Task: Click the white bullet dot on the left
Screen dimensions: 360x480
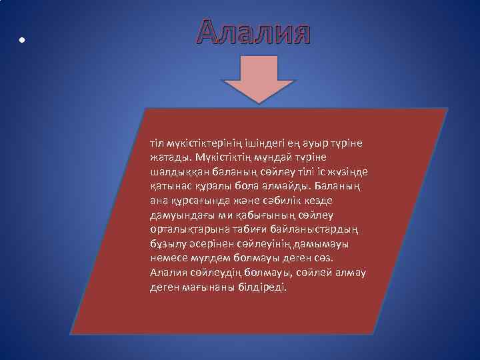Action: tap(22, 39)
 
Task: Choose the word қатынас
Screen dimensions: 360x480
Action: tap(170, 187)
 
